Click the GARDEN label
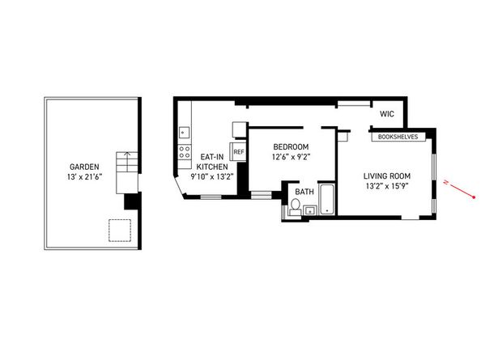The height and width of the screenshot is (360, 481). click(x=84, y=167)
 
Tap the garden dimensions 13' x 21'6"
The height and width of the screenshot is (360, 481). click(x=84, y=177)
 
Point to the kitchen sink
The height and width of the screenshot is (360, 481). click(x=184, y=130)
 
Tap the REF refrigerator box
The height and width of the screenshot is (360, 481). click(x=239, y=151)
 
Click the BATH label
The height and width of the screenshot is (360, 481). click(x=304, y=192)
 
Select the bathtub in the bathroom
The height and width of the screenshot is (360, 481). click(x=326, y=200)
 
